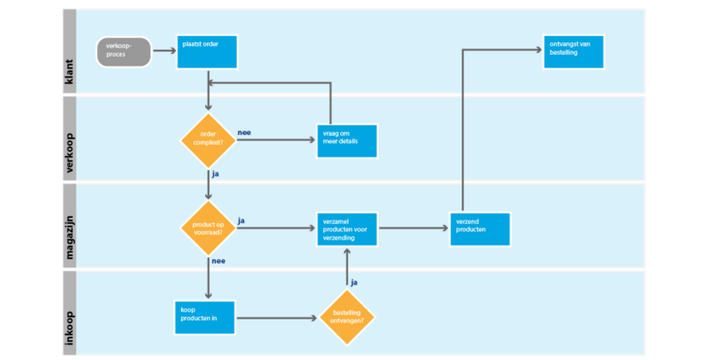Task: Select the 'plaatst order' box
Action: [x=207, y=52]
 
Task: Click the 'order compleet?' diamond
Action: [x=208, y=139]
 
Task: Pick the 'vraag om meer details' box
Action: [x=346, y=139]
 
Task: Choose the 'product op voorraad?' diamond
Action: [x=208, y=228]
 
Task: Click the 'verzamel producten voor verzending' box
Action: [x=346, y=229]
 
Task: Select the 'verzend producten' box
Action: [x=480, y=229]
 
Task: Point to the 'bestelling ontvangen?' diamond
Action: [x=346, y=317]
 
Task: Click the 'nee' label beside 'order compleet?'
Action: [x=244, y=132]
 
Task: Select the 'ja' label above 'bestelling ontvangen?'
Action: [x=354, y=282]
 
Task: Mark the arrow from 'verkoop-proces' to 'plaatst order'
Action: [x=163, y=52]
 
